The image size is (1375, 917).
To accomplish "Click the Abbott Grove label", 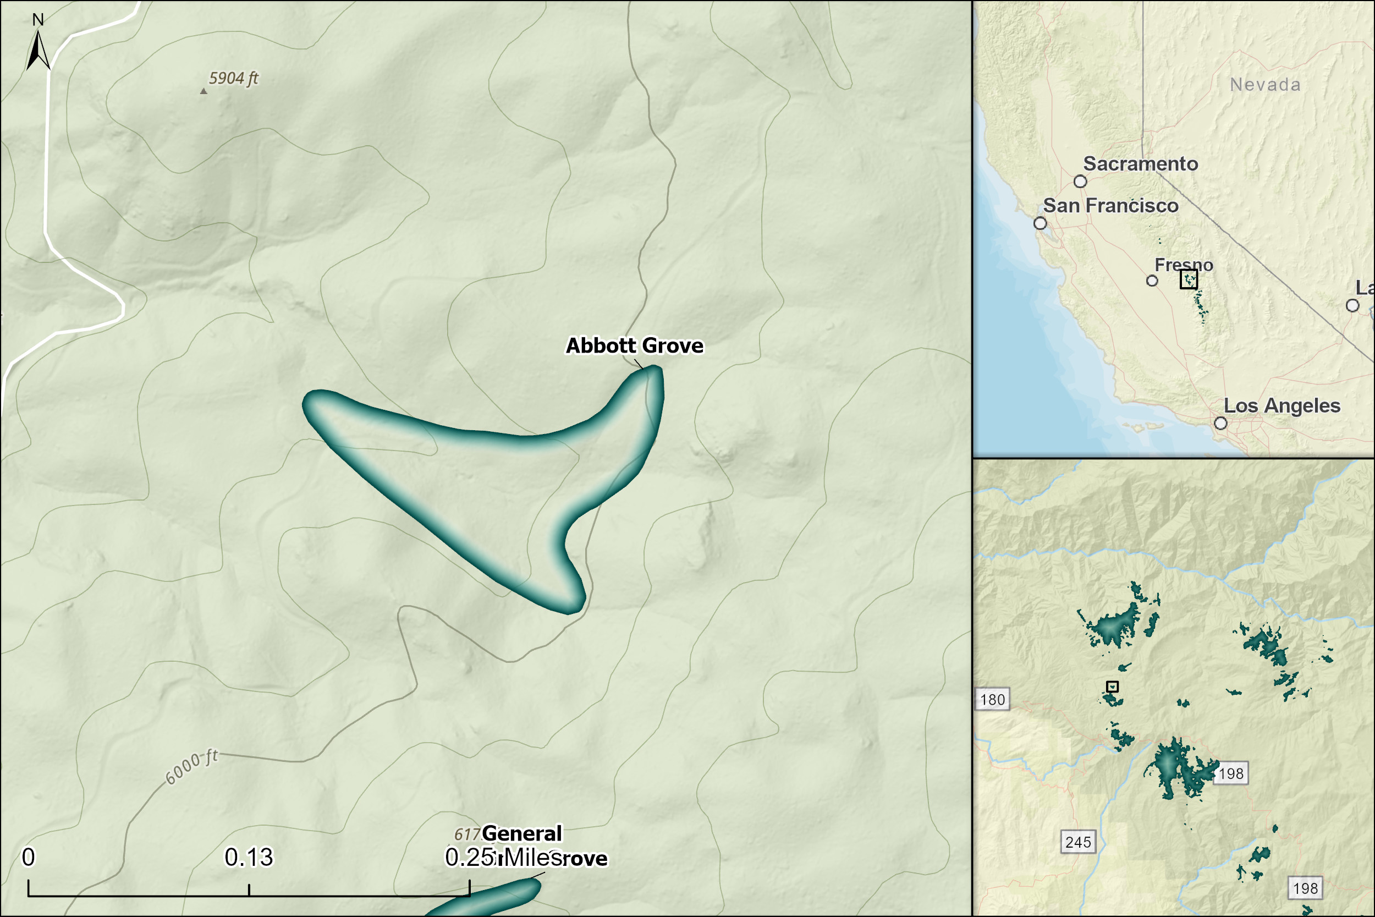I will tap(634, 345).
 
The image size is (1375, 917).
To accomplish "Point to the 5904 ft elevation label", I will tap(233, 78).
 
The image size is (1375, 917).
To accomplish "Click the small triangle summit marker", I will tap(204, 91).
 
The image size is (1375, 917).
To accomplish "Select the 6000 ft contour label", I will tap(192, 767).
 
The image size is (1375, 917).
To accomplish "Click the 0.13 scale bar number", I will tap(249, 858).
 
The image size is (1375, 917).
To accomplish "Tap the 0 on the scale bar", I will tap(28, 858).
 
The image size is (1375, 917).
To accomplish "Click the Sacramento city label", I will tap(1140, 164).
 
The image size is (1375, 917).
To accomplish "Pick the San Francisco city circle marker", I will tap(1040, 223).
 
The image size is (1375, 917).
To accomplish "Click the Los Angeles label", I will tap(1281, 405).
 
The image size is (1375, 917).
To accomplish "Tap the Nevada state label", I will tap(1265, 85).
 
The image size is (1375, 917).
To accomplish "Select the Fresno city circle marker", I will tap(1152, 281).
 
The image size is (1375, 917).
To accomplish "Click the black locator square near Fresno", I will tap(1189, 279).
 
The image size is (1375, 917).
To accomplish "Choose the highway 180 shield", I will tap(993, 700).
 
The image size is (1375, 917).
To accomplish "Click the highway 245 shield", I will tap(1078, 842).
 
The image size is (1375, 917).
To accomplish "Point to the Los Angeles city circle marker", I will tap(1220, 423).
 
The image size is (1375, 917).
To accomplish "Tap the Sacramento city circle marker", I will tap(1080, 182).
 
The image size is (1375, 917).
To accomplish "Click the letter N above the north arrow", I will tap(38, 20).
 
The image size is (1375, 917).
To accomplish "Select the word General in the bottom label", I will tap(521, 833).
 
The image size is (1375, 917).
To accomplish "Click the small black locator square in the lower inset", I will tap(1112, 687).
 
